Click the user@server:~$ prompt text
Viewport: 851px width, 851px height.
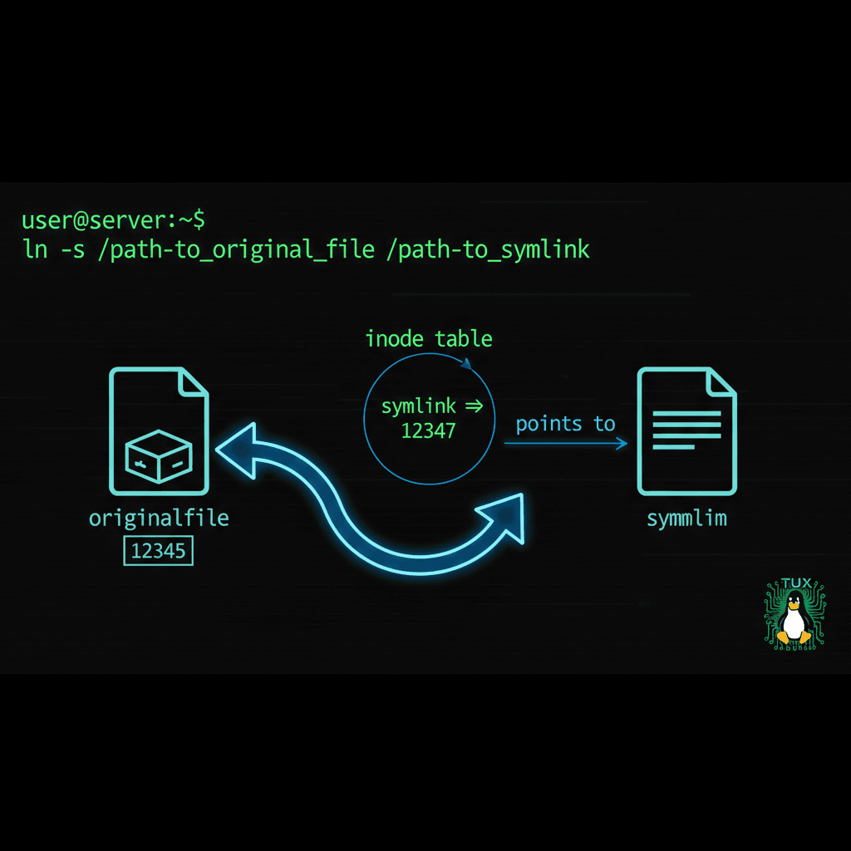(x=113, y=221)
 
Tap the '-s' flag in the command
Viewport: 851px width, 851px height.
(x=72, y=249)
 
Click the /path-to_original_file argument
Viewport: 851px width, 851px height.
(x=236, y=249)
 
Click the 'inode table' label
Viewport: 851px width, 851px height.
(x=429, y=339)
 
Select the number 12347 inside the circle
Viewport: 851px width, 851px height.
(x=429, y=430)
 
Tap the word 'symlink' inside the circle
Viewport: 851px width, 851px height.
(x=418, y=406)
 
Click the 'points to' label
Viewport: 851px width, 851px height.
(x=565, y=424)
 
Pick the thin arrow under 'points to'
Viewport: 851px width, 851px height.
(x=565, y=445)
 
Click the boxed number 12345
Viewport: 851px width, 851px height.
(x=158, y=551)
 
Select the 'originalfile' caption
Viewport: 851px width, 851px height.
(x=159, y=519)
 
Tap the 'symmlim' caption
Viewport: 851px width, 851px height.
(x=686, y=519)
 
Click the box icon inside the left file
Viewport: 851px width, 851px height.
(x=159, y=455)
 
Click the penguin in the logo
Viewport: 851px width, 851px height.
(x=794, y=620)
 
